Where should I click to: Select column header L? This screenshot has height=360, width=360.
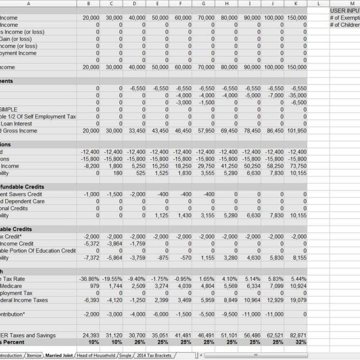point(319,3)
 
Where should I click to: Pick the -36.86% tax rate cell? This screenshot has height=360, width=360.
point(89,279)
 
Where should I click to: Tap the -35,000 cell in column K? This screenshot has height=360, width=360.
point(297,95)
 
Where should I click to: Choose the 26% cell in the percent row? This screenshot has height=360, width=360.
point(139,342)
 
